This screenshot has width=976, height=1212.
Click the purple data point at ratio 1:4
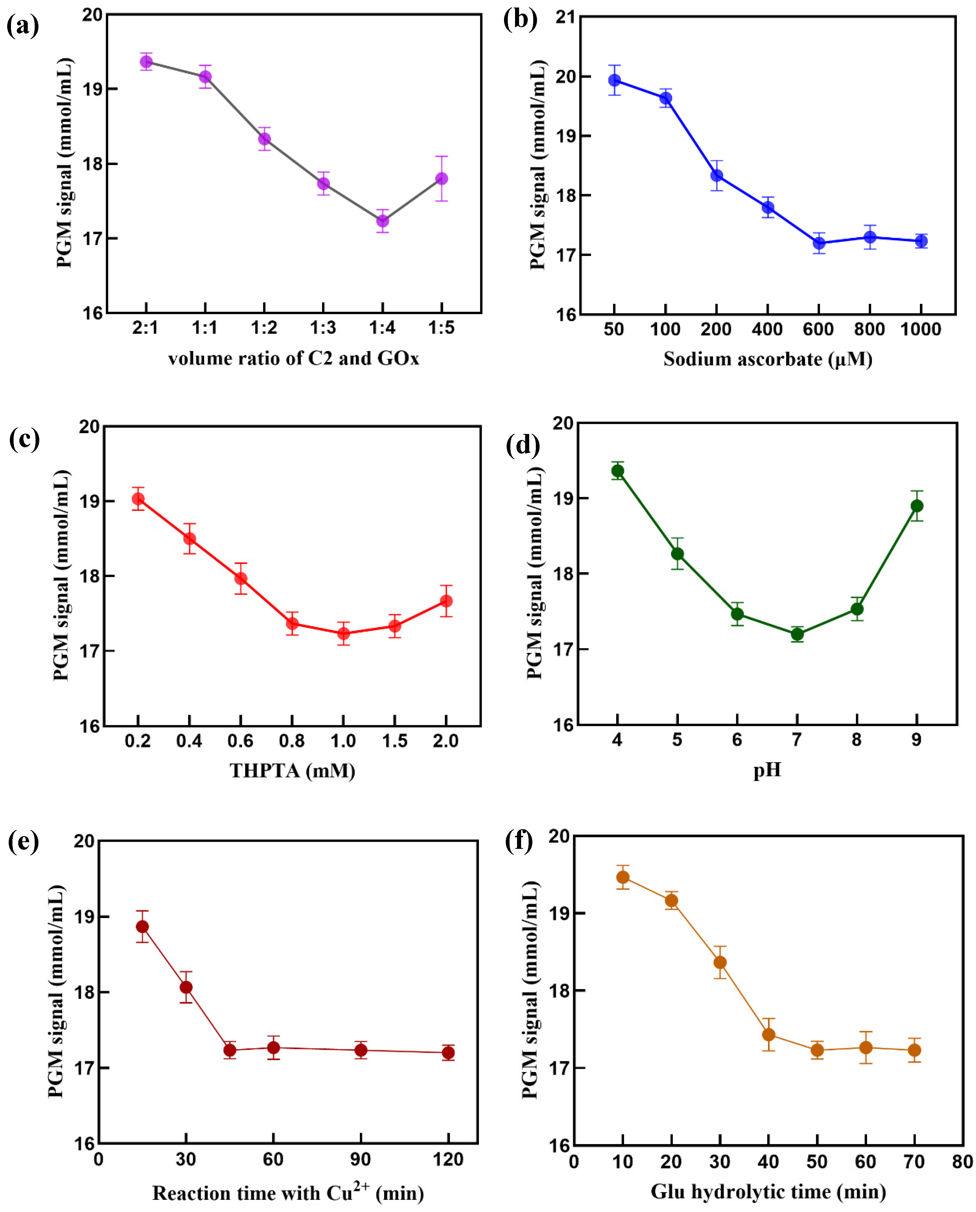[382, 221]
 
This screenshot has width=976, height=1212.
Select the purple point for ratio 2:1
[146, 61]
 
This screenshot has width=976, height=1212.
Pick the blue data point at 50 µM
[614, 80]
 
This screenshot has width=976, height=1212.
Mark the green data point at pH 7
[797, 634]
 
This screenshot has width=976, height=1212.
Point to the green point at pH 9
[916, 506]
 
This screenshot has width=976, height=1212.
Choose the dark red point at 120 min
[448, 1052]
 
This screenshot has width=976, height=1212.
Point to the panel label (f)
[519, 841]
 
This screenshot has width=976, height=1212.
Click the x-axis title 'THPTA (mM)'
[292, 770]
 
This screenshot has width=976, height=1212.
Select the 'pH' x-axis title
[767, 769]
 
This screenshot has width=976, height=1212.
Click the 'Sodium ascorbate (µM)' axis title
[767, 359]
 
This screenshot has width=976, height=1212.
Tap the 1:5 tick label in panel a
[441, 328]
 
